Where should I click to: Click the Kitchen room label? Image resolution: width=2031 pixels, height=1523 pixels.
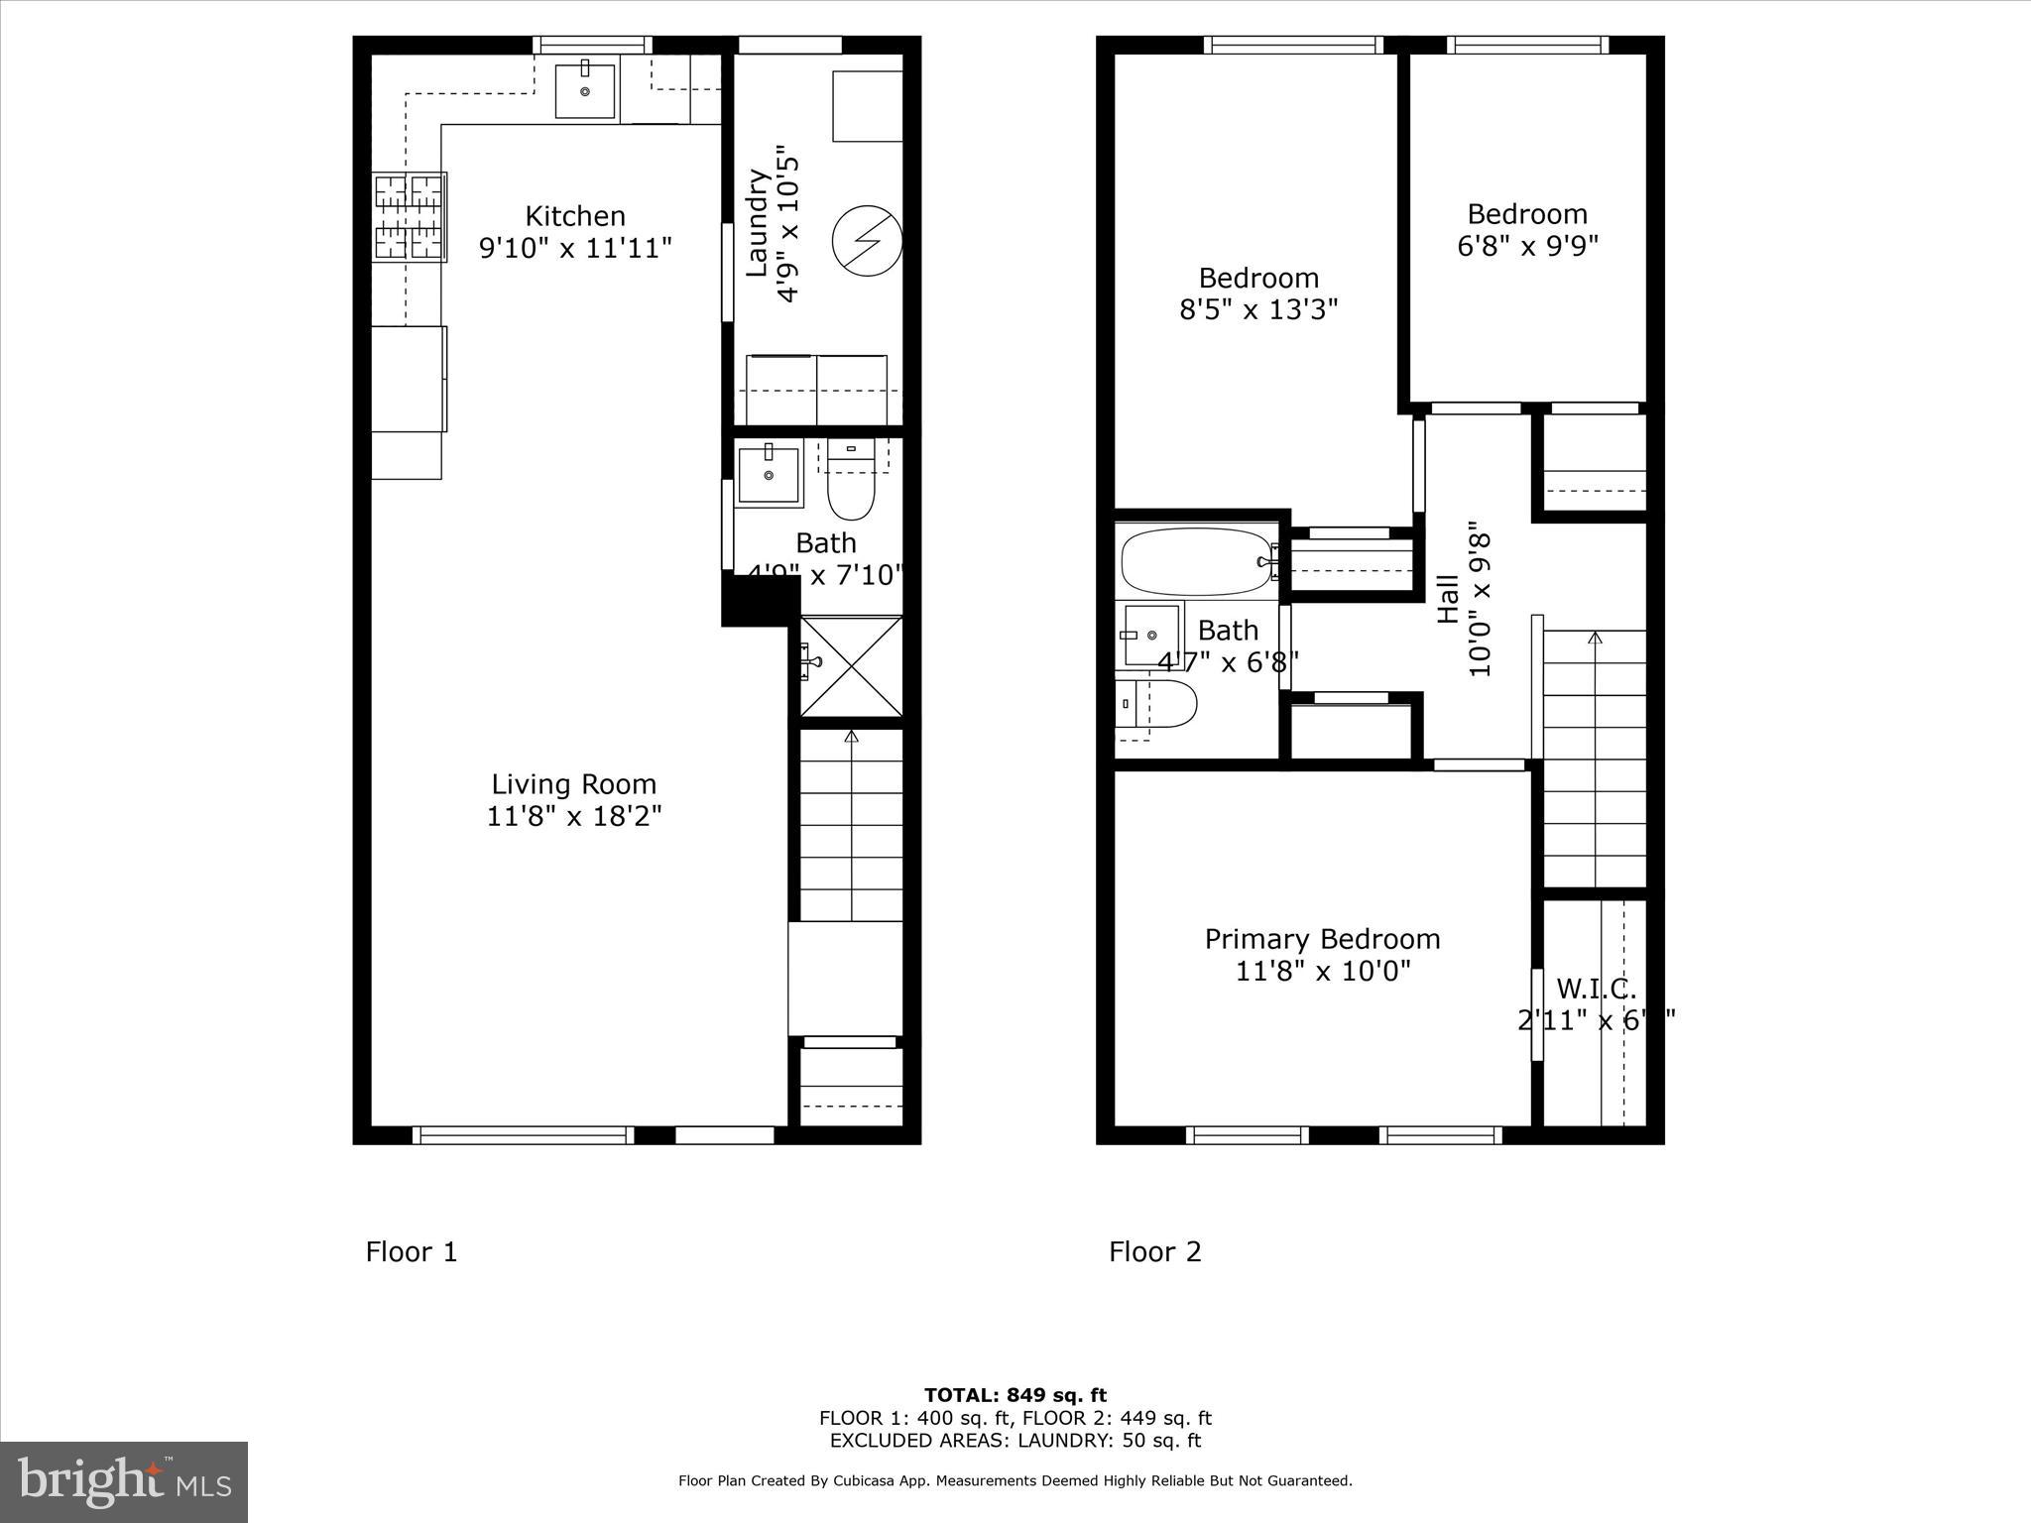[x=574, y=216]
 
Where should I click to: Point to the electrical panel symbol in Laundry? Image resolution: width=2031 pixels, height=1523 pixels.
[x=867, y=239]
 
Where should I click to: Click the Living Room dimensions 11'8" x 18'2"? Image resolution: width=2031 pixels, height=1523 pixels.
[x=574, y=816]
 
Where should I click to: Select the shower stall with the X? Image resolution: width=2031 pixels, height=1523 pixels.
[x=851, y=665]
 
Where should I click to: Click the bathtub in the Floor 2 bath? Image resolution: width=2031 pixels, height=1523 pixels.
[x=1196, y=561]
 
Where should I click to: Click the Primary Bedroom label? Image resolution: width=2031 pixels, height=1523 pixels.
[x=1322, y=939]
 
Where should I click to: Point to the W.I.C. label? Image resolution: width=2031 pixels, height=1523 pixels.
[x=1596, y=989]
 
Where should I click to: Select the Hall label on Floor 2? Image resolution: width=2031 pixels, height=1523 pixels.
[x=1449, y=599]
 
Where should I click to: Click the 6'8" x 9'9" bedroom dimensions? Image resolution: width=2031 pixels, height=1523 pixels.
[x=1527, y=246]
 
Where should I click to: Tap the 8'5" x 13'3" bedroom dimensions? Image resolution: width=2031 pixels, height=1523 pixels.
[x=1258, y=309]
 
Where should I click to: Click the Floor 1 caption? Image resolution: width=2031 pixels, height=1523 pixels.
[x=412, y=1252]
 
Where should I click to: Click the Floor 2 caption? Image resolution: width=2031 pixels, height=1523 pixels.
[x=1154, y=1252]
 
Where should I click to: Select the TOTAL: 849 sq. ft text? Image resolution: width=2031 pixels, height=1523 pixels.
[x=1015, y=1396]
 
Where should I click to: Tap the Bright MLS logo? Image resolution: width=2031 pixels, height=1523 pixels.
[x=124, y=1481]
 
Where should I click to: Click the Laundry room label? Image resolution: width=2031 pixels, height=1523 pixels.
[x=757, y=223]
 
